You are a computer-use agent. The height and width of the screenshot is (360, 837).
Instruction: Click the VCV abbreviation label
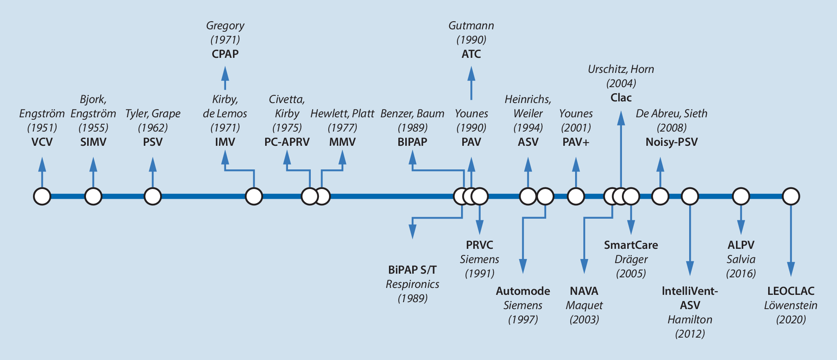(42, 142)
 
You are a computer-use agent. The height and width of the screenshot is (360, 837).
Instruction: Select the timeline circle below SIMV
(93, 196)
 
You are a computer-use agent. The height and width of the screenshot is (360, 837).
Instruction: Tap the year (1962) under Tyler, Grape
(153, 128)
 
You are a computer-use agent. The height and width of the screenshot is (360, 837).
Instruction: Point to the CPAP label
(225, 54)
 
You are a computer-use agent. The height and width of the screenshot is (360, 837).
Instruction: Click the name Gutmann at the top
(471, 26)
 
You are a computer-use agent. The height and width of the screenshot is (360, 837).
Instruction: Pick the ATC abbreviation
(471, 54)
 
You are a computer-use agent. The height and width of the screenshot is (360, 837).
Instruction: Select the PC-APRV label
(287, 142)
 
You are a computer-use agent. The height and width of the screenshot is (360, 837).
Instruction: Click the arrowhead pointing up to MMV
(343, 157)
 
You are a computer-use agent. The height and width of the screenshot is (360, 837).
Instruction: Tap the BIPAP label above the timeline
(413, 142)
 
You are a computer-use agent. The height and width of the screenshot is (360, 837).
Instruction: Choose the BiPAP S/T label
(413, 270)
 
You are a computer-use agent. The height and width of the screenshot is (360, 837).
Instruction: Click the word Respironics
(413, 284)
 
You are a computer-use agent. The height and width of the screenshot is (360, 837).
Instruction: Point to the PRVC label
(480, 245)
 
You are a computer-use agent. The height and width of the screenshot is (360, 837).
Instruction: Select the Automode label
(523, 291)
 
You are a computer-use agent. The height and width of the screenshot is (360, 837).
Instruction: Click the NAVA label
(584, 291)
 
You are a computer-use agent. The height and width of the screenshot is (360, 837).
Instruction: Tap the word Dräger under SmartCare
(631, 259)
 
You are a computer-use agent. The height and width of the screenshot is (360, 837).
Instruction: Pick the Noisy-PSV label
(672, 142)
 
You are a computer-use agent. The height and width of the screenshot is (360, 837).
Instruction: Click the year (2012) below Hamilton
(690, 334)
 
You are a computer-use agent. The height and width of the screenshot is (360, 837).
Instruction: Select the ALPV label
(741, 245)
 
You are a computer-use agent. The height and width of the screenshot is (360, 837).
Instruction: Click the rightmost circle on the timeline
(791, 196)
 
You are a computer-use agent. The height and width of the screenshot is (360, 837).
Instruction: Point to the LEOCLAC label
(791, 291)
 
